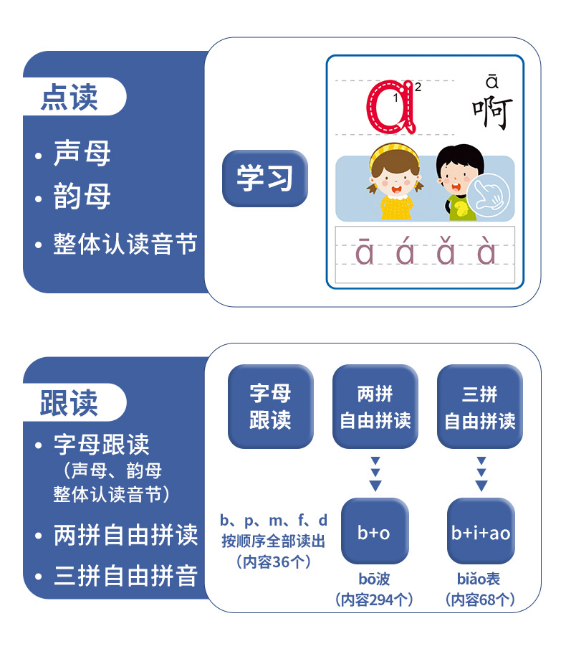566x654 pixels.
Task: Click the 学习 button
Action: (x=264, y=179)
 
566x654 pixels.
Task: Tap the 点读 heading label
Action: (x=69, y=98)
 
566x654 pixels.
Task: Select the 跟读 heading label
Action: (x=69, y=403)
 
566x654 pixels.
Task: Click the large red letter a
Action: (x=391, y=108)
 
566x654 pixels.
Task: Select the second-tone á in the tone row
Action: (x=405, y=253)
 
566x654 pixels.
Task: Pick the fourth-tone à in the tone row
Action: (x=486, y=253)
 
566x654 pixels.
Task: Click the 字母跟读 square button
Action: (x=270, y=407)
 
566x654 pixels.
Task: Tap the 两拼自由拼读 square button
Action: (x=375, y=407)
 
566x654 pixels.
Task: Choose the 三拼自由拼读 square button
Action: (x=480, y=407)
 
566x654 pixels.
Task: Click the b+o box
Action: (x=375, y=532)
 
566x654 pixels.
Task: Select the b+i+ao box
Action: (x=481, y=532)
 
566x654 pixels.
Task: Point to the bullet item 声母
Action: (x=82, y=154)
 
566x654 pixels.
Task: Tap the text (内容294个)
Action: (x=375, y=599)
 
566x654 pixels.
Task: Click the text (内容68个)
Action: (x=480, y=599)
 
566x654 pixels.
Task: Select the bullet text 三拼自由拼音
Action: (x=125, y=576)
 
